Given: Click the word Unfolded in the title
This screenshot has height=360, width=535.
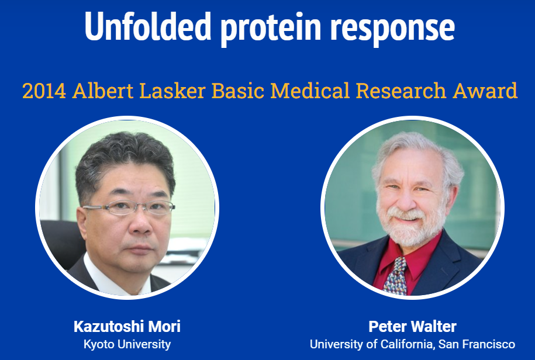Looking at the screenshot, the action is pos(148,26).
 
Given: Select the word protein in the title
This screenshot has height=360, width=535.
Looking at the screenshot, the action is pos(271,29).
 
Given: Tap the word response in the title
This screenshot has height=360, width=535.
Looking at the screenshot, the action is pos(392,30).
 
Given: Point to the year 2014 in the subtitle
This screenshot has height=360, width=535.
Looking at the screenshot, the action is pos(44,91).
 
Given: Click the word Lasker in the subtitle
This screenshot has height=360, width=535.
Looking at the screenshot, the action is pos(172,91).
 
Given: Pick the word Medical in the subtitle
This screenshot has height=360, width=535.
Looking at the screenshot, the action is pos(310,91).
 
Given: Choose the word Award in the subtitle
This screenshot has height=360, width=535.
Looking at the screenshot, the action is pos(485,91).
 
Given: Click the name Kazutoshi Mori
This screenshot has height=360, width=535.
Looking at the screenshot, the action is pos(127,327).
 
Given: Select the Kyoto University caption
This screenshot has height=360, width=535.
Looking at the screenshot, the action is pos(127,344).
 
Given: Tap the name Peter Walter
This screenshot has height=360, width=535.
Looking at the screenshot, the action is pos(412,327).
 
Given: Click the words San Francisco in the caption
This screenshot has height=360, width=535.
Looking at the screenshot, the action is pos(477,344).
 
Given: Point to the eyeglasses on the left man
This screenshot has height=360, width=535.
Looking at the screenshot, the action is pos(129,207).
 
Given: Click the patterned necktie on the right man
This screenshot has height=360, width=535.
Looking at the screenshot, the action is pos(396,276).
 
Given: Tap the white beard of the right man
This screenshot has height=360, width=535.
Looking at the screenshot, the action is pos(412,225).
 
